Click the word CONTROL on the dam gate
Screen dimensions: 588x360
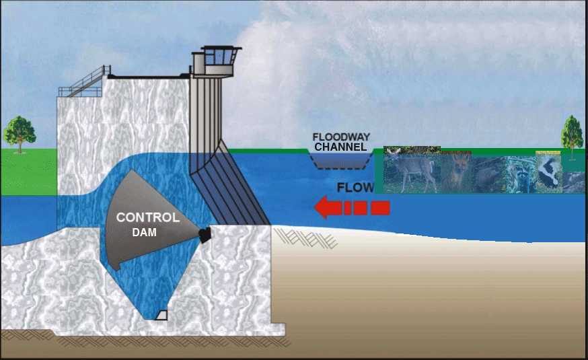[148, 217]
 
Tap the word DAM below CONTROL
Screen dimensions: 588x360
[145, 233]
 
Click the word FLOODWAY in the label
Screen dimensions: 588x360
[341, 137]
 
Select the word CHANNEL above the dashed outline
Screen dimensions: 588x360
[340, 147]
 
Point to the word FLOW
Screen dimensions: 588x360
[355, 188]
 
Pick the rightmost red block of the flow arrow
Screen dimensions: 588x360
[380, 208]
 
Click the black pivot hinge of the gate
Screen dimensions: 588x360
[205, 235]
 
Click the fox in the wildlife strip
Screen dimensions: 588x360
[456, 173]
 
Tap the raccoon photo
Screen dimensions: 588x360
[521, 174]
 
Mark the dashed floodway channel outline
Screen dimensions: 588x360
[341, 161]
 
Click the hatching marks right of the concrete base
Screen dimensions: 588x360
[306, 238]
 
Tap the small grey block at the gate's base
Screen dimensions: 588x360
[161, 315]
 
